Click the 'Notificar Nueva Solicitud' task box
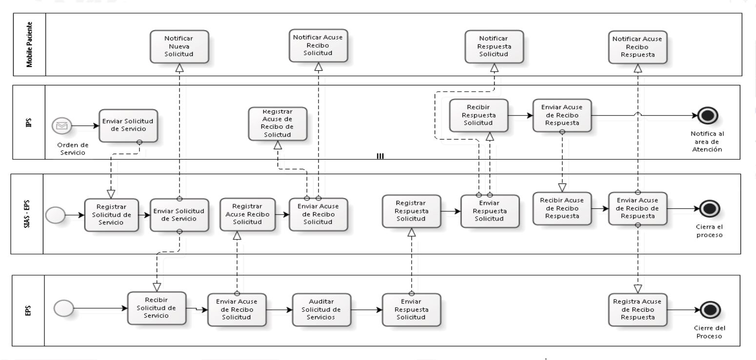pos(179,46)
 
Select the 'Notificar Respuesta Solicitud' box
pos(494,46)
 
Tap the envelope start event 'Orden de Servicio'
pos(62,126)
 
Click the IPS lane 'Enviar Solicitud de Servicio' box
pos(128,125)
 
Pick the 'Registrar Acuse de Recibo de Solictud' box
pos(278,123)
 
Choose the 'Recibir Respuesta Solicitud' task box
pos(478,116)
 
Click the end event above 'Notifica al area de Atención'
pos(707,116)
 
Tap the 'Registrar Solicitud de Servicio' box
pos(111,215)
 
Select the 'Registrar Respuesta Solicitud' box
pos(412,211)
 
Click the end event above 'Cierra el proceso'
pos(710,208)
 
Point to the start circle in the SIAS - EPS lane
pos(55,215)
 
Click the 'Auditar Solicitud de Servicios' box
pos(321,310)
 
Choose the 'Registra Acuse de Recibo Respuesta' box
pos(638,310)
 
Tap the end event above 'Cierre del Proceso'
pos(710,310)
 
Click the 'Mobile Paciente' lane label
pos(29,44)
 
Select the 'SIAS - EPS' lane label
pos(27,214)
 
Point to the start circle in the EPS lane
pos(63,308)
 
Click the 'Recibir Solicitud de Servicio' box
pos(157,308)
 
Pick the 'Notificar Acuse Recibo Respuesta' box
pos(638,47)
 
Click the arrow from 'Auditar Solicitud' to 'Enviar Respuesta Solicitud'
pos(366,310)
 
